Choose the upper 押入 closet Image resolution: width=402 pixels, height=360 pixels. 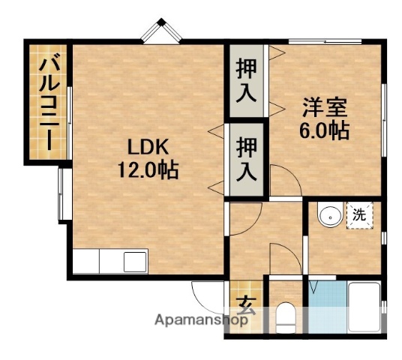(x=247, y=79)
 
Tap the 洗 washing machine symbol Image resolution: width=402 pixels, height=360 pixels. (x=361, y=214)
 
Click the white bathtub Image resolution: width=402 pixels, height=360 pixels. (x=365, y=304)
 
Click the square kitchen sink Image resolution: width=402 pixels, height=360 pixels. (x=136, y=263)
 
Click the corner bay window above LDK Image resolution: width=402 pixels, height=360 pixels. (x=165, y=31)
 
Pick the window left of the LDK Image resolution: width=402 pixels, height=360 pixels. (x=62, y=193)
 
